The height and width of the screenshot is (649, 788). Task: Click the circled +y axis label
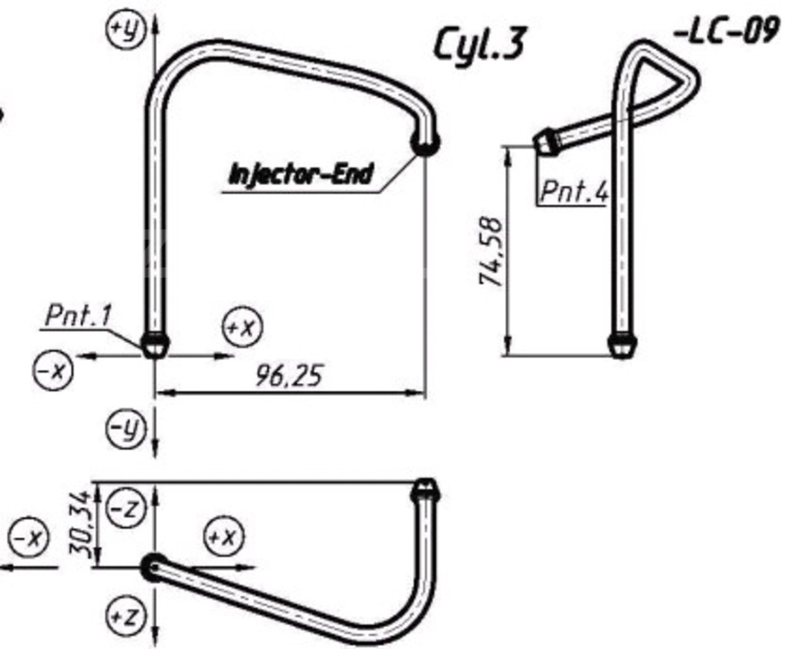(x=126, y=29)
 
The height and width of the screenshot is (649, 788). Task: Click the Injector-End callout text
(x=301, y=174)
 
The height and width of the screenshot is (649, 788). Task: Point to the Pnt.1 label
(x=78, y=316)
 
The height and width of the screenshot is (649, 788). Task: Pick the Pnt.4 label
(x=575, y=191)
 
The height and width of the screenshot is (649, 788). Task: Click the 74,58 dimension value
(x=491, y=251)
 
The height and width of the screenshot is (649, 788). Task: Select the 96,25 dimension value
(x=289, y=375)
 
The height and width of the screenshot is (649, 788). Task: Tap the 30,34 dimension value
(x=80, y=524)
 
